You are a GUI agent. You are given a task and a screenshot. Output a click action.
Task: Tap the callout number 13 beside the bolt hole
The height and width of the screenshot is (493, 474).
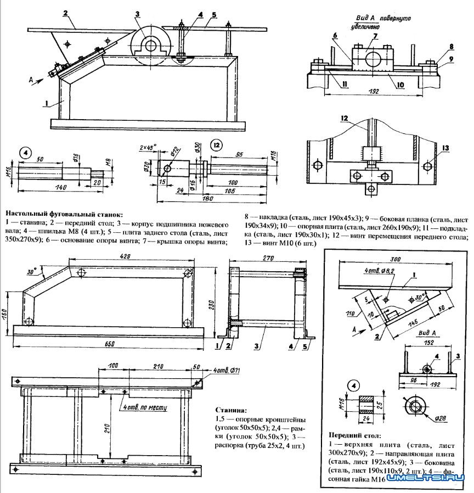[x=445, y=148]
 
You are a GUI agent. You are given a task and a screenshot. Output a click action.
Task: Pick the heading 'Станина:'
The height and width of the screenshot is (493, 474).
[x=232, y=410]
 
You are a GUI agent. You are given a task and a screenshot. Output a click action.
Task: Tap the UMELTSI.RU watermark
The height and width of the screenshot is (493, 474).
[x=427, y=480]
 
